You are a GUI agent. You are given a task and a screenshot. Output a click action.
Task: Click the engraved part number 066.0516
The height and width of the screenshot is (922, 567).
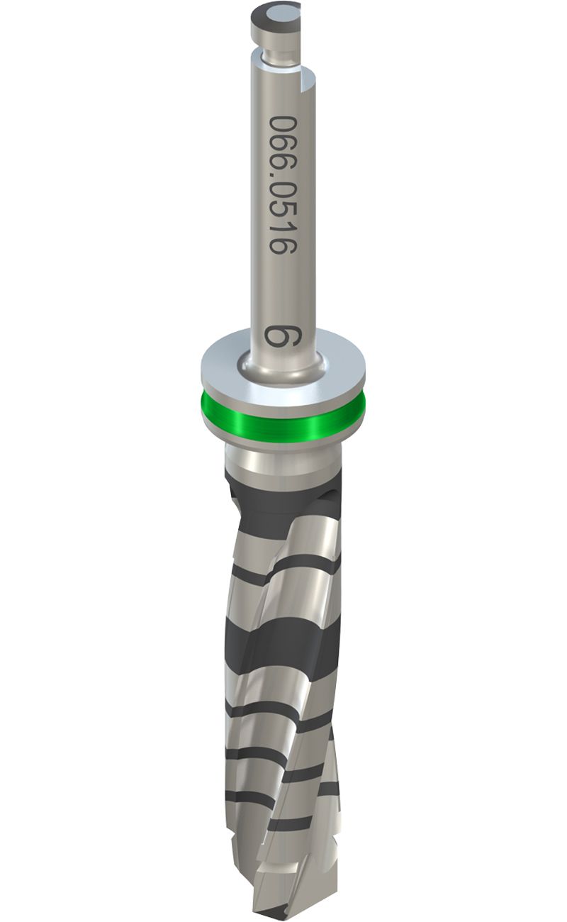[282, 185]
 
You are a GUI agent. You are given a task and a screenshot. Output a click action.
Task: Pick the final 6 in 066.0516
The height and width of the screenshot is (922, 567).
[282, 247]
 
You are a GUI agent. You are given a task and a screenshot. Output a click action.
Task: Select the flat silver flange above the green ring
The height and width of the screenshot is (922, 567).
[283, 367]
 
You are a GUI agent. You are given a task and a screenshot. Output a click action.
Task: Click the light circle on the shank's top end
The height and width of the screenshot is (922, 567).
[277, 17]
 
